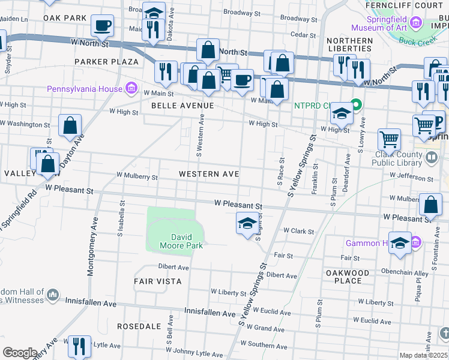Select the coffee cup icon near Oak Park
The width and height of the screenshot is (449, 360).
[x=102, y=25]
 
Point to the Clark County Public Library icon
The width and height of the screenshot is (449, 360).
[x=432, y=158]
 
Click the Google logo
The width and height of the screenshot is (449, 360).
[x=20, y=353]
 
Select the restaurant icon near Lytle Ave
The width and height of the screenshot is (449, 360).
[x=79, y=346]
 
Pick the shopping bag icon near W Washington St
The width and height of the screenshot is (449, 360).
[x=70, y=125]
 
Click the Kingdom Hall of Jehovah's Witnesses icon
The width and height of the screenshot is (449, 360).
[x=53, y=295]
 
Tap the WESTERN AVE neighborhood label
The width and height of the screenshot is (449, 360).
[x=209, y=174]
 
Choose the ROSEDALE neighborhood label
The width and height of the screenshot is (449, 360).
[x=139, y=326]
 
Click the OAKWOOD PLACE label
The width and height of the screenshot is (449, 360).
[x=348, y=277]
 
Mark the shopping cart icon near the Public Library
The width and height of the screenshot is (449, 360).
[x=389, y=139]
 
